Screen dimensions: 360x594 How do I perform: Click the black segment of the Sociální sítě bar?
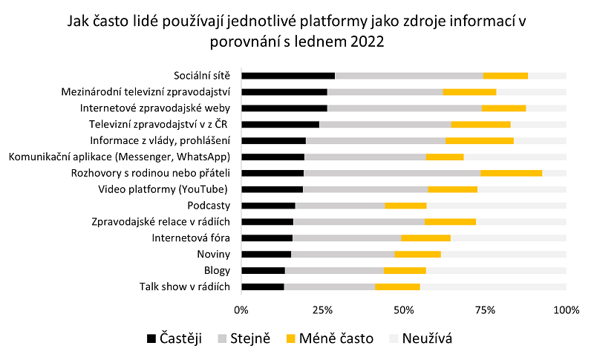(288, 76)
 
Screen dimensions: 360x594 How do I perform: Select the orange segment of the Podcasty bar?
(405, 206)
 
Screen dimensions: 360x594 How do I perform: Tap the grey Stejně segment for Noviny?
(342, 255)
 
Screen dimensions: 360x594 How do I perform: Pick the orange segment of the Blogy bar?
(405, 271)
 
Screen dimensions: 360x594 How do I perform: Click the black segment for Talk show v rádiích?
(263, 287)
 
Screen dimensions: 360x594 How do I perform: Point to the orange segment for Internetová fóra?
(425, 238)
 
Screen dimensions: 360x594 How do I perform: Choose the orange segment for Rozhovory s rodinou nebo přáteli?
(512, 173)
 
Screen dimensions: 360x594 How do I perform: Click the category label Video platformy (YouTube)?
(163, 189)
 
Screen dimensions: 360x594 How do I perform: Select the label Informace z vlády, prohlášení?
(160, 140)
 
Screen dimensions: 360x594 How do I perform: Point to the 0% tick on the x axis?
(241, 309)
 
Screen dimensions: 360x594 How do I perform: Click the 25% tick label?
(322, 309)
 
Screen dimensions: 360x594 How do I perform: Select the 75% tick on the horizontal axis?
(485, 309)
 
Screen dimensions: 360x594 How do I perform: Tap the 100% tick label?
(566, 309)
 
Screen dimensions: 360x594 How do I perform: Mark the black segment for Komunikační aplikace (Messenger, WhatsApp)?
(272, 157)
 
